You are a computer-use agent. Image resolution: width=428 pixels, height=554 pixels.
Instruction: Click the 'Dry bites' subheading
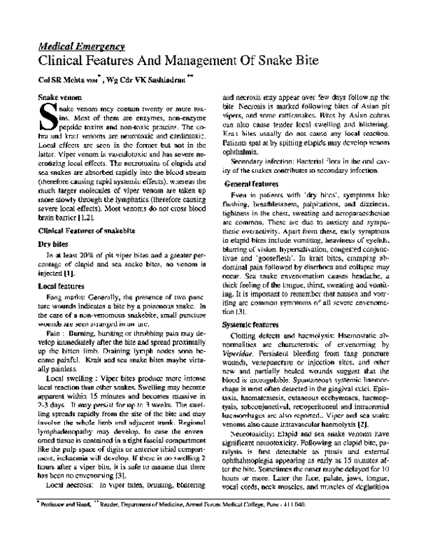point(52,243)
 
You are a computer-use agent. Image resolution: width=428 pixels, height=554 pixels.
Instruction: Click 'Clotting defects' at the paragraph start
point(256,335)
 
